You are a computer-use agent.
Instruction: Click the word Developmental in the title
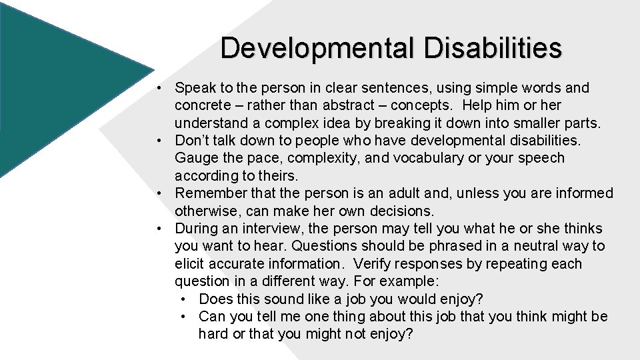(x=315, y=48)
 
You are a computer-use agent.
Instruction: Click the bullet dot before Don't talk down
(x=160, y=141)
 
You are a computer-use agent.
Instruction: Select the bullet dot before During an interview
(x=160, y=229)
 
